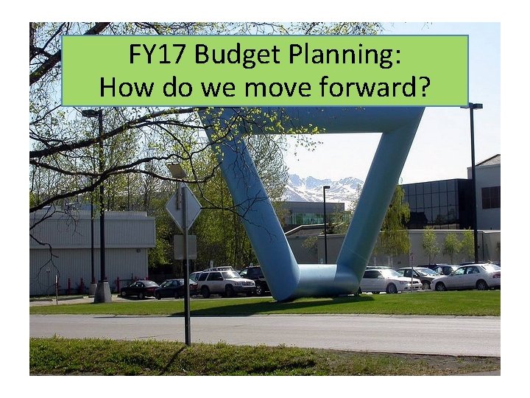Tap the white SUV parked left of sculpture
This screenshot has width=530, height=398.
(x=222, y=282)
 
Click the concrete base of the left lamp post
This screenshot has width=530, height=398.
(x=102, y=292)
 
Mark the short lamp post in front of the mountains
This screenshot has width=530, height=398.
(x=325, y=225)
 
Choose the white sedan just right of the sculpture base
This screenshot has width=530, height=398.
(x=389, y=280)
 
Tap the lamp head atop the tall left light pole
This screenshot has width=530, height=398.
(x=92, y=114)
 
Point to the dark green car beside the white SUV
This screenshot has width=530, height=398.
(x=175, y=289)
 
